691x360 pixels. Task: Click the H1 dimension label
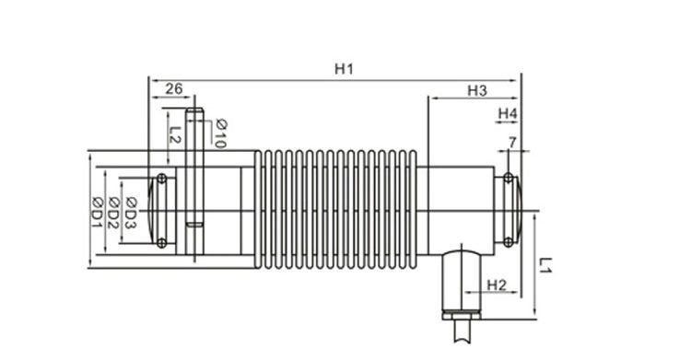pos(344,69)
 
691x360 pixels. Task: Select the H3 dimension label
pos(475,90)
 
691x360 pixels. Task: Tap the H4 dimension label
pos(508,113)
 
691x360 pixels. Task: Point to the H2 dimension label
pos(496,285)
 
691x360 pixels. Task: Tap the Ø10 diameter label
pos(220,134)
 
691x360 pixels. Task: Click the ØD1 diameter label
pos(96,213)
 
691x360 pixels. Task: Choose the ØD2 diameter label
pos(113,213)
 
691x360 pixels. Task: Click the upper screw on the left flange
pos(162,178)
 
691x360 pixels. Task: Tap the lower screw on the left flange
pos(162,243)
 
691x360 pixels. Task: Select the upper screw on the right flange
pos(507,178)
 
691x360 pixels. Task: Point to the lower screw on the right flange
pos(507,243)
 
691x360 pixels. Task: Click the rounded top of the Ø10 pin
pos(194,113)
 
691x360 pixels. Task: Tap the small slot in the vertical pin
pos(194,224)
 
